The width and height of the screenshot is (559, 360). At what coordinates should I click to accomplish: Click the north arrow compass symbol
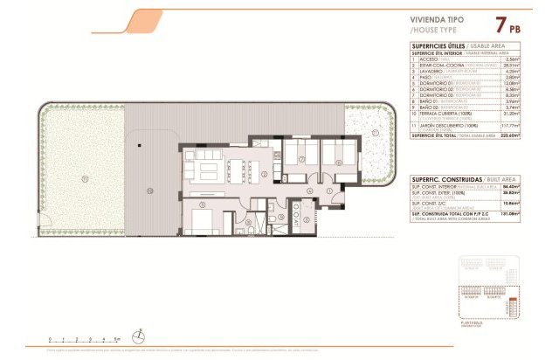pos(139,333)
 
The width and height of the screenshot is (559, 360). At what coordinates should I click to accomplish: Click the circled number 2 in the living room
pos(262,174)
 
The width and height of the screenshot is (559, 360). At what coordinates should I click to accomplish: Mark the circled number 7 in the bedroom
pos(300,161)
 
